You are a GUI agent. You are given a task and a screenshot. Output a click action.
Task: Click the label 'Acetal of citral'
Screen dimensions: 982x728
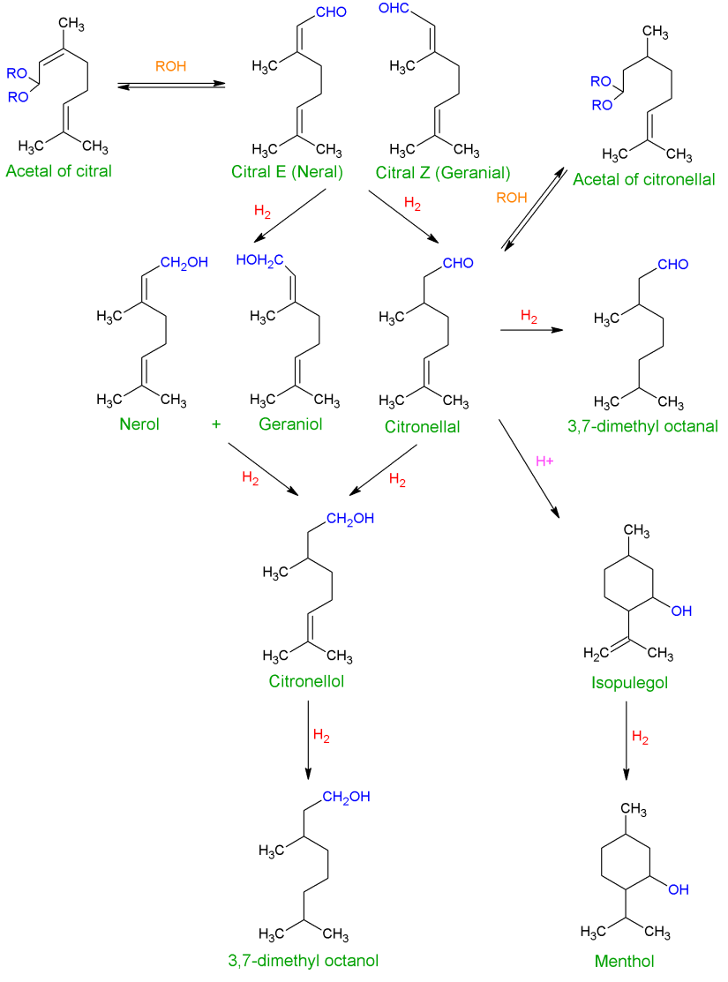pyautogui.click(x=58, y=170)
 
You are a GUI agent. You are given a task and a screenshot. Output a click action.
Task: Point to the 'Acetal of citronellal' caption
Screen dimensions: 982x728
pyautogui.click(x=642, y=180)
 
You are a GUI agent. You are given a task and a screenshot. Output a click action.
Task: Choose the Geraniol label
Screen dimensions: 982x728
pyautogui.click(x=291, y=424)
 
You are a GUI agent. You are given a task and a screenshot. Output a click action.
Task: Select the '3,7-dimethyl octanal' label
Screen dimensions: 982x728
pyautogui.click(x=644, y=427)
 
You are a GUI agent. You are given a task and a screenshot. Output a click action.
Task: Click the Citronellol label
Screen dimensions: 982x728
pyautogui.click(x=306, y=682)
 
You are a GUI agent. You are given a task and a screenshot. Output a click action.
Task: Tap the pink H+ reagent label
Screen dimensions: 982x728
pyautogui.click(x=545, y=460)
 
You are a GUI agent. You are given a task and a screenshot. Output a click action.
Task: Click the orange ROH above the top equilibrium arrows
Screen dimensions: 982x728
pyautogui.click(x=171, y=65)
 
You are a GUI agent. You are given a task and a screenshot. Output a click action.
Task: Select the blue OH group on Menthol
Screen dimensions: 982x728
pyautogui.click(x=678, y=889)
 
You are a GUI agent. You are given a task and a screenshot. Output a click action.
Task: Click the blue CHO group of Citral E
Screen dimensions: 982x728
pyautogui.click(x=330, y=12)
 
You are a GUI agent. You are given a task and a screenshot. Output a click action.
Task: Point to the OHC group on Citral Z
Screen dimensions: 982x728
pyautogui.click(x=395, y=11)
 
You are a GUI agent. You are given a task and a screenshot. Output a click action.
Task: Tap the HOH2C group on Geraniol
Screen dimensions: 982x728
pyautogui.click(x=259, y=259)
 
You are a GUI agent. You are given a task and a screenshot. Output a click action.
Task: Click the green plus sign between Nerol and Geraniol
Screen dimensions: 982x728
pyautogui.click(x=216, y=424)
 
